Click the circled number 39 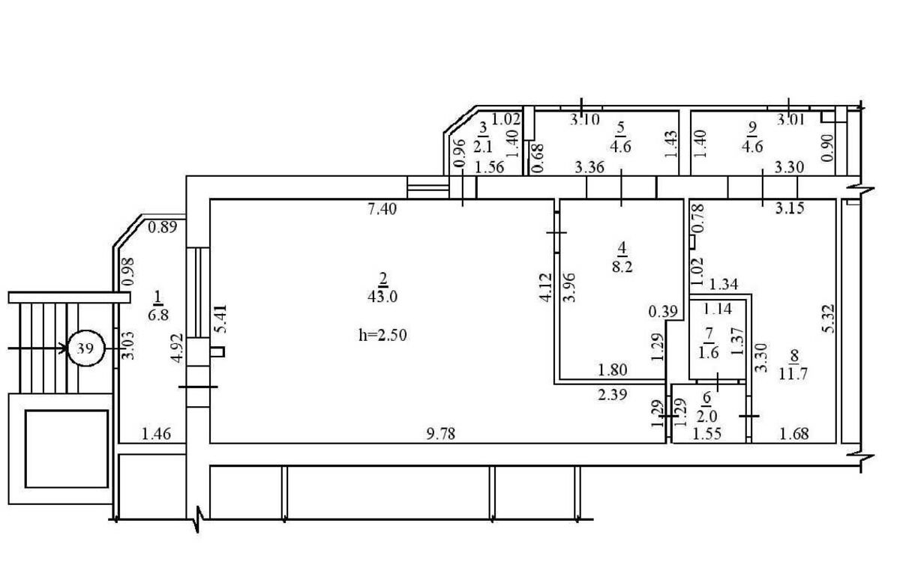click(x=86, y=348)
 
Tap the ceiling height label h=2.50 click(x=382, y=335)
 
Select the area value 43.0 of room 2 click(x=382, y=297)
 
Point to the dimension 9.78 click(x=441, y=434)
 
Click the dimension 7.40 click(x=382, y=209)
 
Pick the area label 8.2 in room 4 click(x=622, y=266)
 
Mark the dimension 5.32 click(x=829, y=318)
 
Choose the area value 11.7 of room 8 click(x=793, y=374)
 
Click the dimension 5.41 click(x=221, y=318)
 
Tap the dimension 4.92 click(x=178, y=348)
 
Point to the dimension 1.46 click(x=157, y=434)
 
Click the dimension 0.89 click(x=163, y=227)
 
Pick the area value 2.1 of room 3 click(x=482, y=147)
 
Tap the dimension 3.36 click(x=589, y=167)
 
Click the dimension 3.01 click(x=790, y=119)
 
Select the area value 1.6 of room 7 click(x=708, y=353)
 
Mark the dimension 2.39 click(x=612, y=395)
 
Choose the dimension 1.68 click(x=794, y=434)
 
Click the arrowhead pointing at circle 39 click(x=64, y=348)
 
